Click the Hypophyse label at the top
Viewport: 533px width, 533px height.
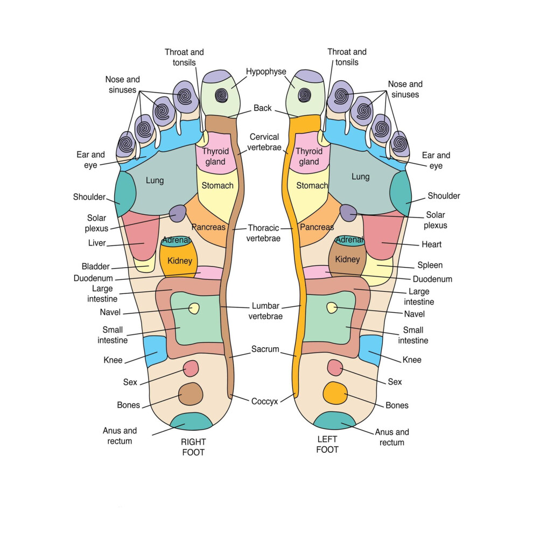click(x=266, y=72)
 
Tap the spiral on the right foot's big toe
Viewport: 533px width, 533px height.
click(x=222, y=95)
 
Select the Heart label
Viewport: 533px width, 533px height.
click(x=431, y=244)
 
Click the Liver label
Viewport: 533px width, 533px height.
click(x=97, y=243)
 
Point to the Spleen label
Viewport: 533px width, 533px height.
click(x=430, y=265)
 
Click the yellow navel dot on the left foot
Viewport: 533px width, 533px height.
click(x=332, y=307)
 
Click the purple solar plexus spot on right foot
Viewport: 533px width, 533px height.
click(x=178, y=214)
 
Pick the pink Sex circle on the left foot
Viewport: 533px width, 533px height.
click(x=335, y=368)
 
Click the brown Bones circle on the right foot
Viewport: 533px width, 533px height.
click(x=191, y=394)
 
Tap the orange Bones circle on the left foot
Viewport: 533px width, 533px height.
click(x=335, y=393)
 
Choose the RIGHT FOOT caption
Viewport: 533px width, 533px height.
click(x=193, y=447)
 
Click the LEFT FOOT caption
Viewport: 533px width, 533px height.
click(x=327, y=444)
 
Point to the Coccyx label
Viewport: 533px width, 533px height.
click(x=264, y=402)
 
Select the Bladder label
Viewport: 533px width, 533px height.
click(x=95, y=266)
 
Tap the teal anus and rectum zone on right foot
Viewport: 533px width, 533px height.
click(x=191, y=422)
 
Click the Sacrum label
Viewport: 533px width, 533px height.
click(x=265, y=349)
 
